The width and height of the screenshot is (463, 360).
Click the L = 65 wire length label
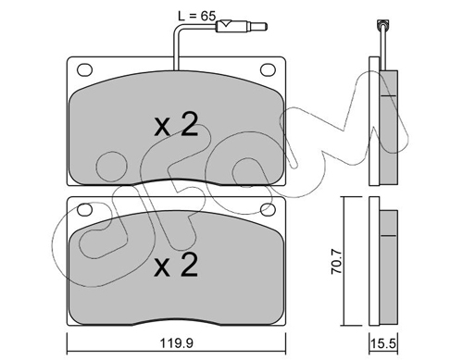click(x=196, y=16)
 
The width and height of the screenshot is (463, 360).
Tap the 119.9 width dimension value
click(x=177, y=342)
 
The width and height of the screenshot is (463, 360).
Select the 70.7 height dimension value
click(x=336, y=262)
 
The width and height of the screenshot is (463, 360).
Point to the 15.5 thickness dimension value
click(x=383, y=343)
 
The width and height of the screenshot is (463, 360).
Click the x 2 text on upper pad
click(x=176, y=125)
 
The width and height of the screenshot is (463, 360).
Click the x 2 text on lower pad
click(x=176, y=265)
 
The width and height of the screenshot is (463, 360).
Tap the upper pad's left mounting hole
click(x=84, y=69)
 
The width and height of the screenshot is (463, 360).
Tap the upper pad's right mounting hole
click(x=268, y=69)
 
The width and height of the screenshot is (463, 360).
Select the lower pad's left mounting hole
click(x=84, y=209)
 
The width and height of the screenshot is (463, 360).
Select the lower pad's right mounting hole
click(x=268, y=209)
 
